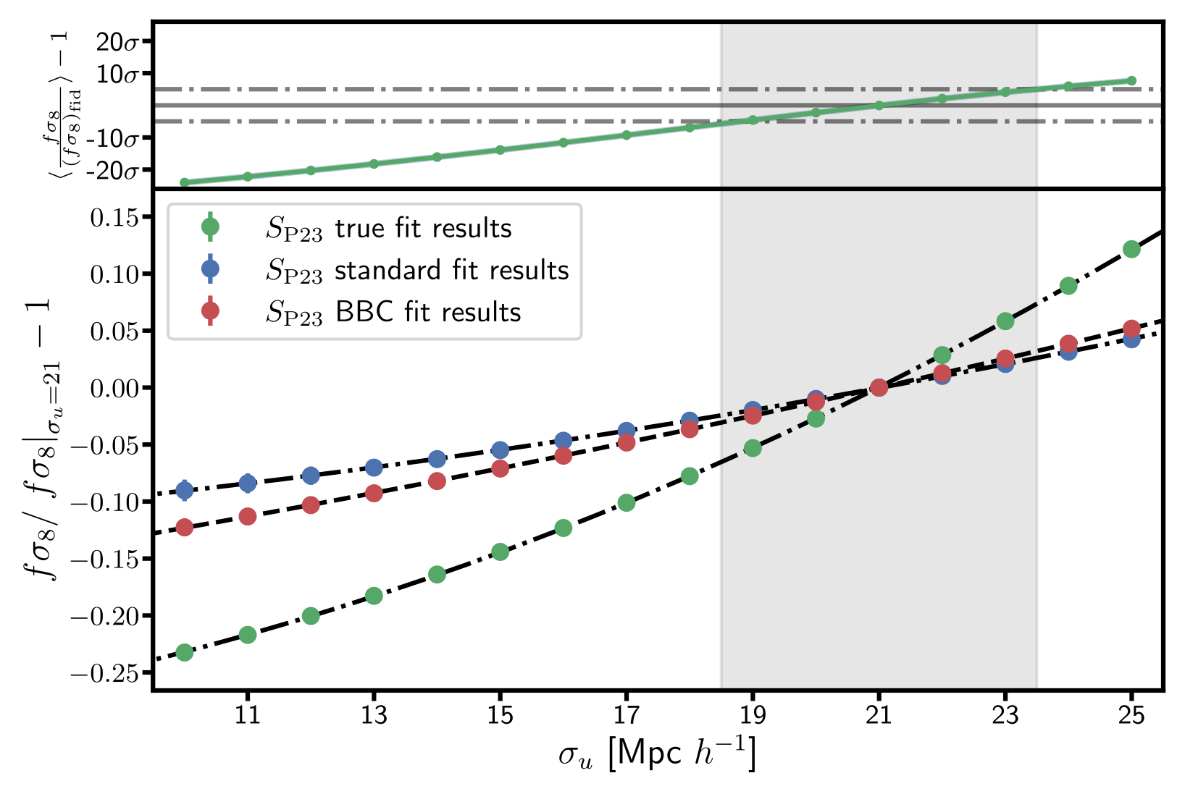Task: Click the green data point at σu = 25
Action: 1131,249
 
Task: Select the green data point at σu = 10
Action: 185,652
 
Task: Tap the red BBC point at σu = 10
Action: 185,527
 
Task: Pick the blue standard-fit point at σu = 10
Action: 185,491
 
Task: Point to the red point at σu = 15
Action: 500,468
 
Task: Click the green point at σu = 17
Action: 627,502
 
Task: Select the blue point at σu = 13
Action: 374,468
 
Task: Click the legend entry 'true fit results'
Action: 388,229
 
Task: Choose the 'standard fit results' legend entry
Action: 417,271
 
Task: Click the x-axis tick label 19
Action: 753,716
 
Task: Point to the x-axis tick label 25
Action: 1131,716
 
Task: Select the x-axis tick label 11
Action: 248,716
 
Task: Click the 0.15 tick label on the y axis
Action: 114,217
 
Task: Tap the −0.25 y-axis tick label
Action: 104,673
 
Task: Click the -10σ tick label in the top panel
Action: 112,138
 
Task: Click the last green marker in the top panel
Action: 1131,81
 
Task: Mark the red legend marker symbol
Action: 210,311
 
